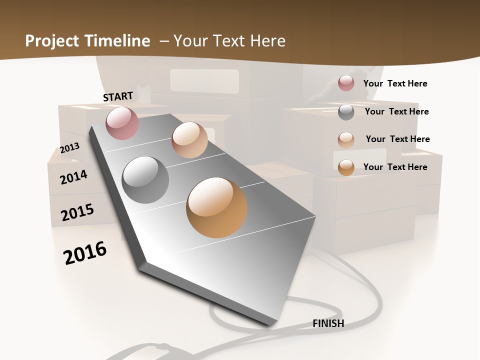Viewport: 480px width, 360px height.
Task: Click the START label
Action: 118,96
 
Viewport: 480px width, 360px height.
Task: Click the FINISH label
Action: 328,323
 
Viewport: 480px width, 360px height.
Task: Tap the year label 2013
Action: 70,148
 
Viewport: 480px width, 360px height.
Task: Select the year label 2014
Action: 74,177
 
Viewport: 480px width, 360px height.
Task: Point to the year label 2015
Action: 77,212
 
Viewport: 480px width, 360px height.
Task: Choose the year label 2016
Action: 85,252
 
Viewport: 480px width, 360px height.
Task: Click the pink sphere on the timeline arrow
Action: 122,123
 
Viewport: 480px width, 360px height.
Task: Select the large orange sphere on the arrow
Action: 216,207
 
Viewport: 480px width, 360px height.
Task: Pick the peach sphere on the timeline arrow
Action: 189,140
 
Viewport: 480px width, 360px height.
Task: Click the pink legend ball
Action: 346,83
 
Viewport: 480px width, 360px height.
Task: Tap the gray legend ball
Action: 346,112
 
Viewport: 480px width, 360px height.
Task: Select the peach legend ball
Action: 346,140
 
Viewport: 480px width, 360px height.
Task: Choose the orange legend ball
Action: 346,167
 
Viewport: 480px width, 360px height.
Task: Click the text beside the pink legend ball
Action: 395,83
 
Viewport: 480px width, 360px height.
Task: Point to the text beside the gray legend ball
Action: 396,111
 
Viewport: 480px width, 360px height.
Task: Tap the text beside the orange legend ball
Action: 395,167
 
